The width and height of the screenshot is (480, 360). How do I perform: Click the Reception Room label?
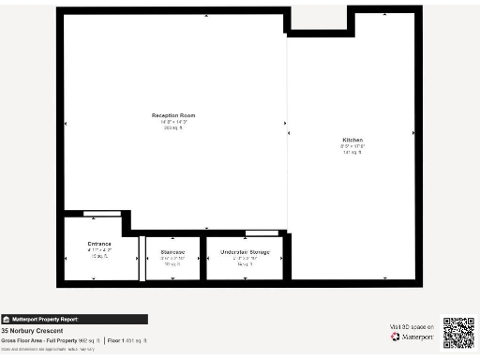(x=173, y=115)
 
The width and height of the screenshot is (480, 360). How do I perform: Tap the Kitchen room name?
(x=352, y=141)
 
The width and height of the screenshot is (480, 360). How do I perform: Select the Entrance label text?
(x=99, y=244)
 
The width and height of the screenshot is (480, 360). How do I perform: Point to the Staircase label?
(x=172, y=252)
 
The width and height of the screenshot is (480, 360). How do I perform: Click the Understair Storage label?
(x=245, y=252)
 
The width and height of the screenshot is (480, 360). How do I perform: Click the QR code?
(x=458, y=334)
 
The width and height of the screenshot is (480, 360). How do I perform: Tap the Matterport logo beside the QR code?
(x=409, y=336)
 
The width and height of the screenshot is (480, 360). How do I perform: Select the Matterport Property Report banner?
(x=74, y=319)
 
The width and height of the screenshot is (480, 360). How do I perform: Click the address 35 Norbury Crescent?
(x=32, y=331)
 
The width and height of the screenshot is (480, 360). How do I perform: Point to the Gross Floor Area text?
(x=51, y=339)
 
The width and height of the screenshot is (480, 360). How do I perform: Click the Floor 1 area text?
(x=126, y=339)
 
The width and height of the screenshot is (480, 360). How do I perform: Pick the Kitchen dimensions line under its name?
(x=352, y=146)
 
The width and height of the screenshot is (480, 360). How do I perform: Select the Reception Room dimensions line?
(x=173, y=122)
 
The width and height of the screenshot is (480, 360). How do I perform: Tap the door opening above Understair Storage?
(x=262, y=232)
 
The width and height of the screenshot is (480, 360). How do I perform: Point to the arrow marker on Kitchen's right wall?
(x=412, y=134)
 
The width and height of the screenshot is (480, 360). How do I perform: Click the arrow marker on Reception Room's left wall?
(x=66, y=123)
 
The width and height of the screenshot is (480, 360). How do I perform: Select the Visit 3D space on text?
(x=412, y=325)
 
